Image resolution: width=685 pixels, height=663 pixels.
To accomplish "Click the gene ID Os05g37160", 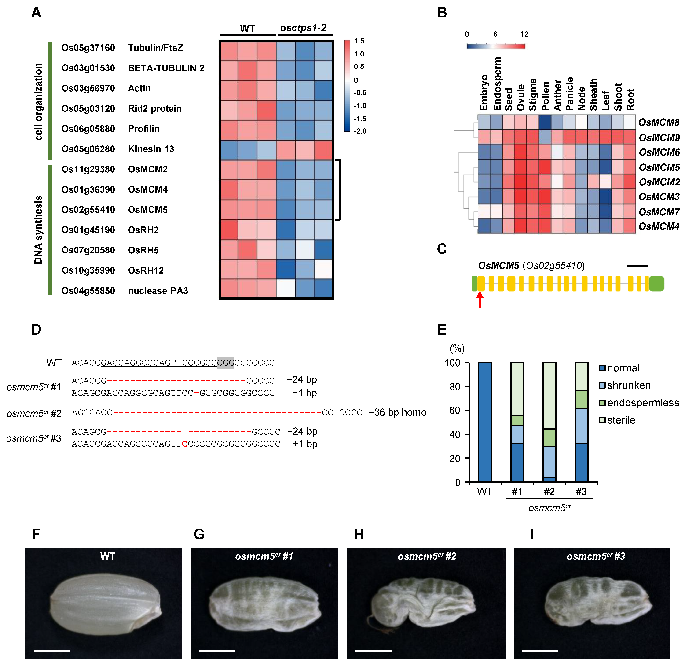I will (x=88, y=48).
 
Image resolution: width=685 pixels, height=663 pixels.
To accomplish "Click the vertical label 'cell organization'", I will (x=38, y=101).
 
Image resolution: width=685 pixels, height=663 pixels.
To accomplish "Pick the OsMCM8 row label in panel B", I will (x=659, y=122).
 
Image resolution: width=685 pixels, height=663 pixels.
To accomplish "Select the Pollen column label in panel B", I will (x=545, y=96).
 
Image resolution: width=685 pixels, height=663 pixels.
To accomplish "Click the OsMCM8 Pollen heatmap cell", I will (x=545, y=122).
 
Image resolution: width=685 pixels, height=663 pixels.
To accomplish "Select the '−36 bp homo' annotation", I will (x=397, y=413).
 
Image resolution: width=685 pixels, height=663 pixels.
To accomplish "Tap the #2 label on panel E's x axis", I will (x=549, y=492).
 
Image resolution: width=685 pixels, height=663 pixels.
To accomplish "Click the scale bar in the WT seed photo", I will (x=52, y=651).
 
